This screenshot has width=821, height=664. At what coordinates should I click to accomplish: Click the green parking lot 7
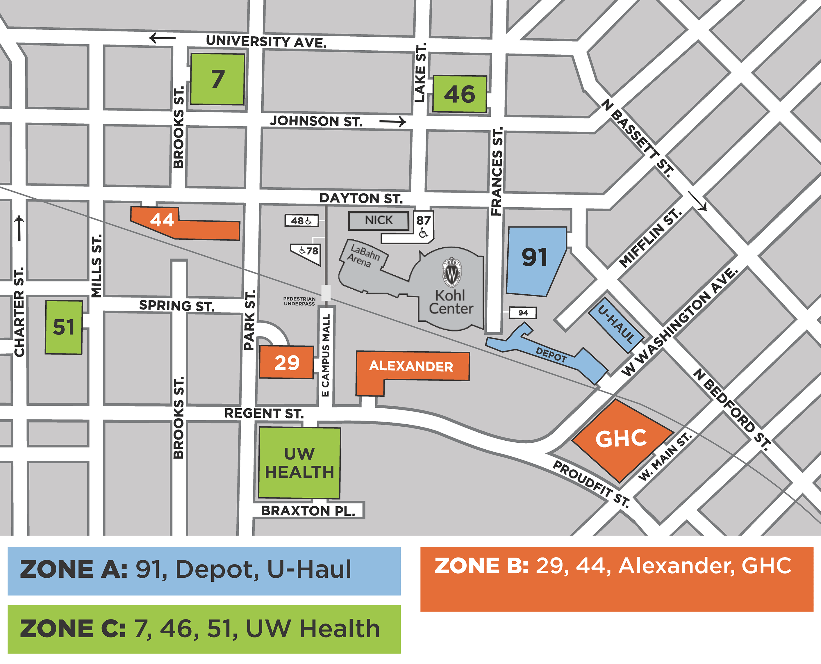[x=217, y=79]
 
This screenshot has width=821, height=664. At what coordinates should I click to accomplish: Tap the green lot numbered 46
[x=459, y=94]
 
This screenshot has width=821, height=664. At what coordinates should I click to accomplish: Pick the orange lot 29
[x=286, y=362]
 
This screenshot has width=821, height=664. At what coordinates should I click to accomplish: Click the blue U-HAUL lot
[x=616, y=325]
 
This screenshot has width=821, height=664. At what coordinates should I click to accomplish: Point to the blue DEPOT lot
[x=551, y=355]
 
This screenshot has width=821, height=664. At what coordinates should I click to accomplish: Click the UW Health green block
[x=299, y=463]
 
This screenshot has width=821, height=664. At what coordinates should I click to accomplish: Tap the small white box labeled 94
[x=523, y=313]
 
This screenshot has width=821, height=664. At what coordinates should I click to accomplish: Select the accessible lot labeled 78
[x=308, y=252]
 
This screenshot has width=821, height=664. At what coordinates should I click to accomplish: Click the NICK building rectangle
[x=378, y=220]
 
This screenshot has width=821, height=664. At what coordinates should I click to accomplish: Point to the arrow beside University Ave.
[x=162, y=38]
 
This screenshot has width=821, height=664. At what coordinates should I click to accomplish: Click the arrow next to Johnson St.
[x=392, y=122]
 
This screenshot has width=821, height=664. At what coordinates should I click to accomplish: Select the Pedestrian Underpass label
[x=299, y=301]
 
